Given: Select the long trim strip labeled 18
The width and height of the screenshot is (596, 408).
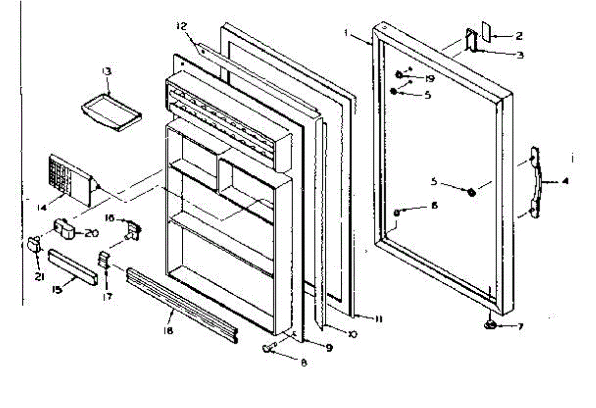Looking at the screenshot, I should point(182,305).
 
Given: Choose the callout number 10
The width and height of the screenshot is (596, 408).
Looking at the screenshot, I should point(352,334).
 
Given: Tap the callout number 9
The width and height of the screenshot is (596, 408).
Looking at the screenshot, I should point(328,348).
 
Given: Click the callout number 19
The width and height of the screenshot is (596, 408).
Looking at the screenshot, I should point(430,78).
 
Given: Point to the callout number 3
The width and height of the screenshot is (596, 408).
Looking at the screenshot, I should point(520,55).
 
